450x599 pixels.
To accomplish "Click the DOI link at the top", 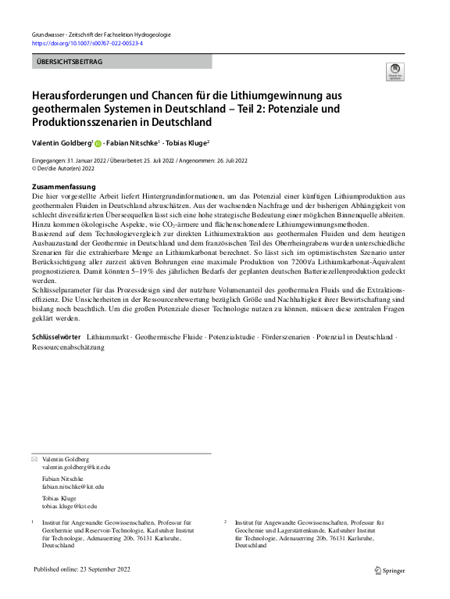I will click(x=87, y=43).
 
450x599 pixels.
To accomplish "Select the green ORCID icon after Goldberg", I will click(x=98, y=144).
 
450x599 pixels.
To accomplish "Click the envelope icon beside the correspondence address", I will click(x=34, y=459).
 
